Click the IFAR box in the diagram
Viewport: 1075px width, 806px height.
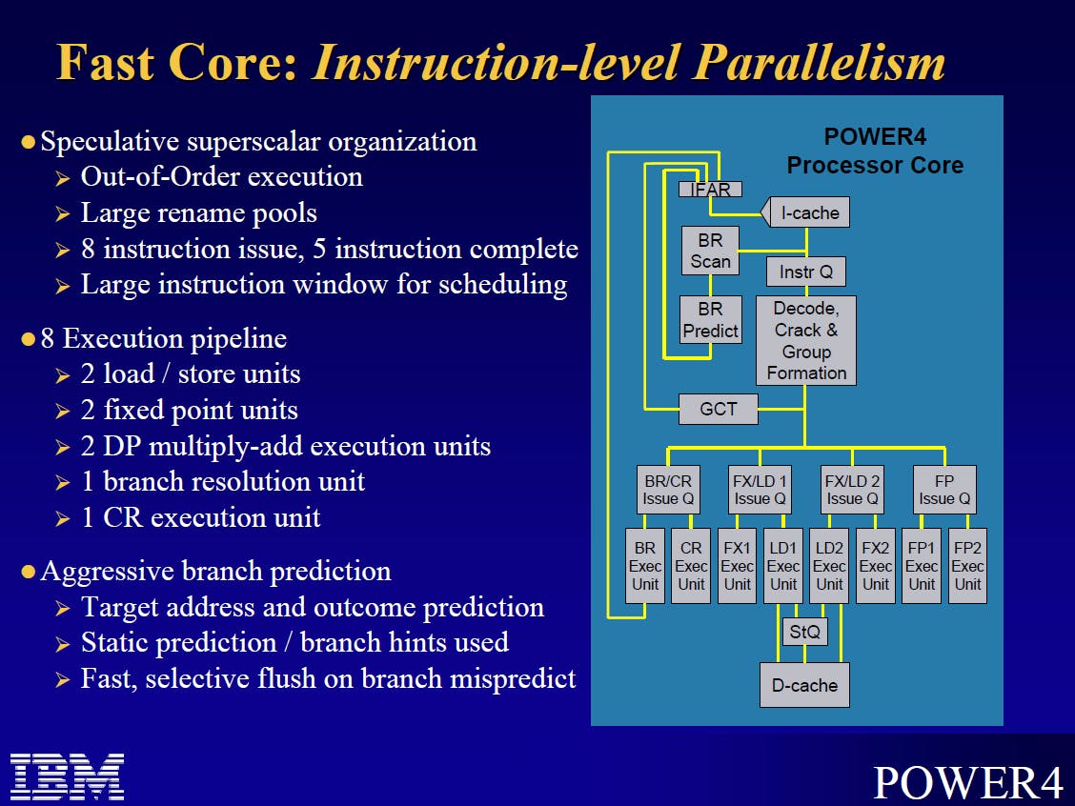coord(710,190)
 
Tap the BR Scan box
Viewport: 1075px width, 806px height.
coord(710,251)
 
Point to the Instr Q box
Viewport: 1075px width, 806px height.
coord(806,272)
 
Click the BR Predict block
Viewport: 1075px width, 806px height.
coord(710,319)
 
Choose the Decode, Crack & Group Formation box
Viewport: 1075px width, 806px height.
coord(806,341)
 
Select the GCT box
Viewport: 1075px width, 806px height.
coord(719,409)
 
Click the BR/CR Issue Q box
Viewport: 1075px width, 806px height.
coord(668,490)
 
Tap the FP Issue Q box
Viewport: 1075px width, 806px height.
coord(944,490)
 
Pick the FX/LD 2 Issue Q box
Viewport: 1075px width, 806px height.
coord(852,490)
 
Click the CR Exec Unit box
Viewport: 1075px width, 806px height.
coord(691,566)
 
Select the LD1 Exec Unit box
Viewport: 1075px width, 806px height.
coord(783,566)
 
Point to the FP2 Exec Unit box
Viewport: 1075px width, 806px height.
coord(967,566)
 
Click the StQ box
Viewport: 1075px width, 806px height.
coord(805,632)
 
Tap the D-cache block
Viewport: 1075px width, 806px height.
coord(805,685)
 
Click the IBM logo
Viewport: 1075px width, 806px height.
coord(67,776)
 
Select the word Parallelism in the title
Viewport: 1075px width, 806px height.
coord(820,63)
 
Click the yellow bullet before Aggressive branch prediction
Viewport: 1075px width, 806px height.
coord(28,572)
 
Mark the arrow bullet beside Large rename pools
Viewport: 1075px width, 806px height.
coord(62,214)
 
